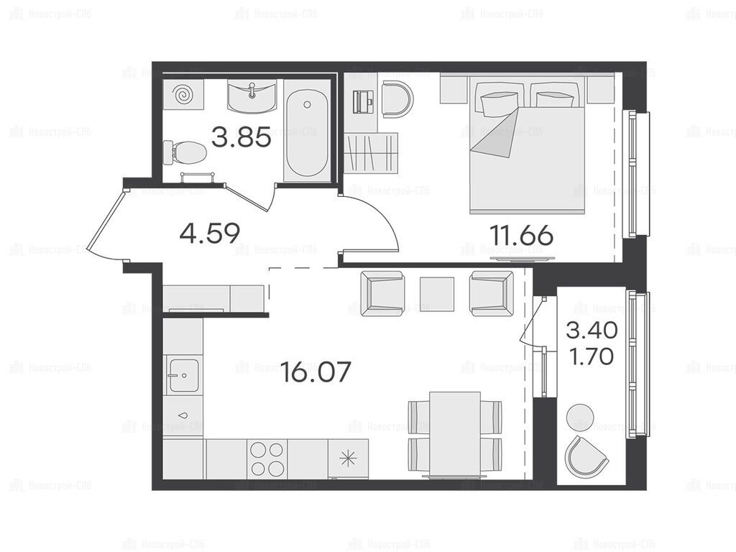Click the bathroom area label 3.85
coord(241,137)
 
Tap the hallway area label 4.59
coord(210,233)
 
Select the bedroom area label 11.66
coord(521,235)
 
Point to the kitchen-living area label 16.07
coord(316,372)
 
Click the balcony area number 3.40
coord(592,331)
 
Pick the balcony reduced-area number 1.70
coord(592,356)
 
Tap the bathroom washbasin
coord(252,96)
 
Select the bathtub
coord(307,132)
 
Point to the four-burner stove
coord(267,459)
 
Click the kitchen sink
coord(183,374)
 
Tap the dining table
coord(455,434)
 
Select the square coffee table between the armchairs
coord(436,294)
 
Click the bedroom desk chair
coord(397,99)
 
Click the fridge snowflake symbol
coord(349,459)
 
